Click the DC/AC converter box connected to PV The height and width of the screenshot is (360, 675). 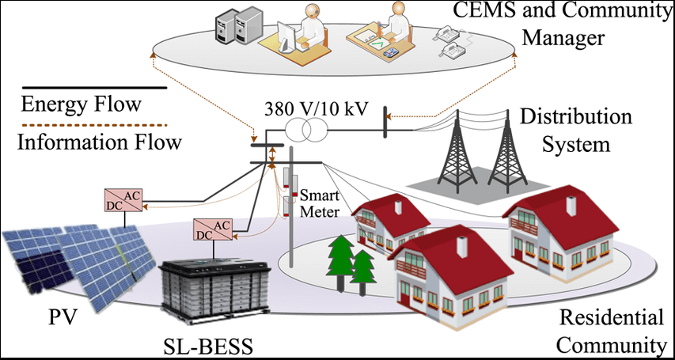click(123, 201)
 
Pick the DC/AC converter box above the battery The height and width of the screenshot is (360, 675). click(212, 230)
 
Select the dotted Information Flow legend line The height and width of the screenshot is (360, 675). click(91, 126)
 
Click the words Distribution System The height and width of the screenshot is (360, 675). click(575, 131)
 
